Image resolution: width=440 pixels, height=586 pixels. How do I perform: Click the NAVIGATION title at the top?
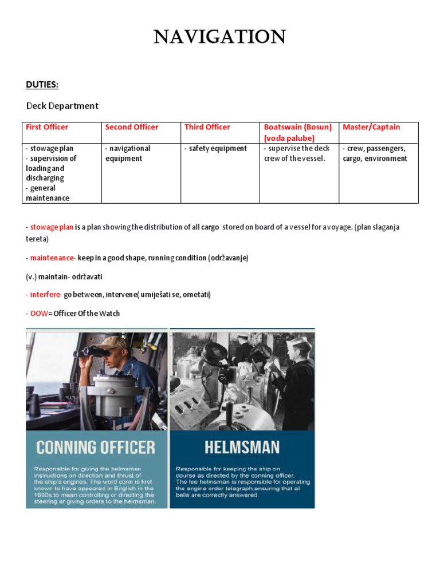(220, 37)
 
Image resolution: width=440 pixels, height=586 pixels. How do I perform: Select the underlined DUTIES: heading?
(42, 85)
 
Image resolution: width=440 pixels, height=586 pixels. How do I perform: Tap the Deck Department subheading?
(62, 106)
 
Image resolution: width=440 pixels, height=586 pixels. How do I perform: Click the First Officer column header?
(47, 127)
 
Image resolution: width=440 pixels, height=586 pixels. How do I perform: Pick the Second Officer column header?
(132, 127)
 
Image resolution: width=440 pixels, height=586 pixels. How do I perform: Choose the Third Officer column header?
(207, 127)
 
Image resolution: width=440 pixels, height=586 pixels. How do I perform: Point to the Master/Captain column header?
(371, 127)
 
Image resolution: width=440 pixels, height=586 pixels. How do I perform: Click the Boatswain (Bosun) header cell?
(297, 132)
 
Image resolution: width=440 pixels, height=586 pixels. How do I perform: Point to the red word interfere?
(46, 295)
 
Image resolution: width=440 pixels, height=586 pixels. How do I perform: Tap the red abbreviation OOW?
(38, 314)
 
